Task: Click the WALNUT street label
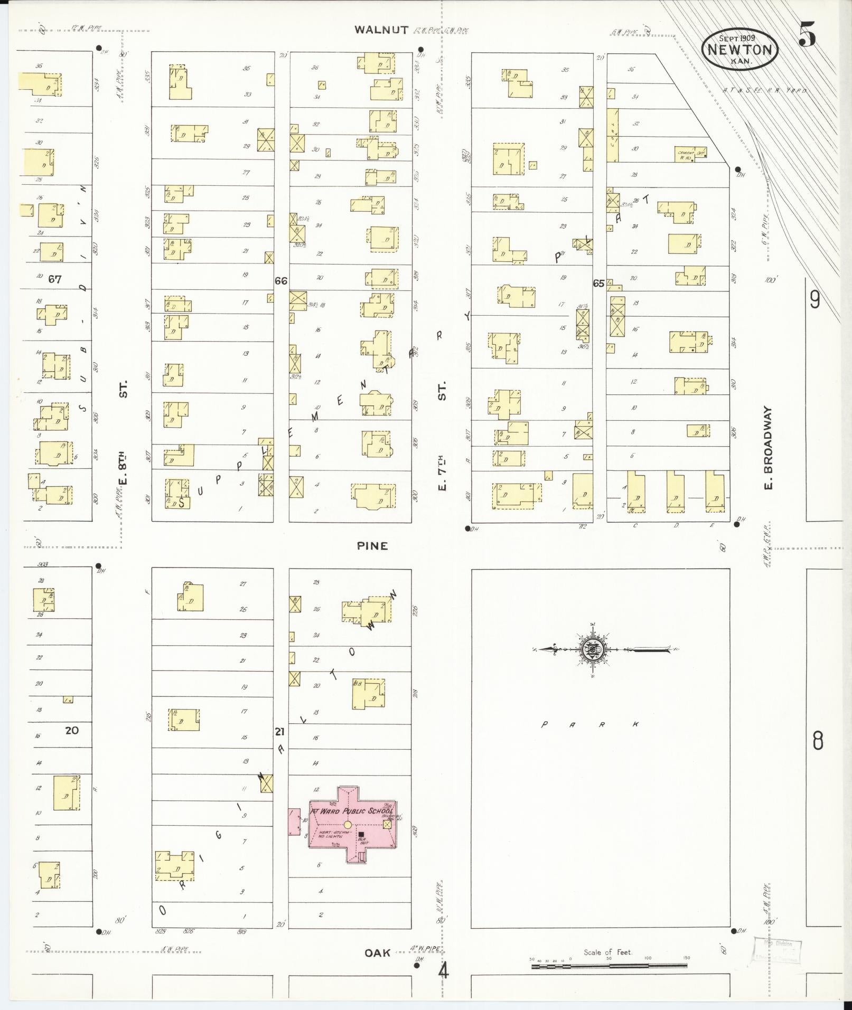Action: pyautogui.click(x=381, y=30)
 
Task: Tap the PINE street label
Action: pyautogui.click(x=372, y=546)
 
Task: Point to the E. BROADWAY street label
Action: pyautogui.click(x=768, y=447)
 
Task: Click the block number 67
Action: pyautogui.click(x=55, y=279)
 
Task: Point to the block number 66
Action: pyautogui.click(x=281, y=281)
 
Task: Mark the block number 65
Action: pyautogui.click(x=598, y=284)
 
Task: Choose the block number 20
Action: pyautogui.click(x=72, y=731)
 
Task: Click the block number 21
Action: pyautogui.click(x=280, y=732)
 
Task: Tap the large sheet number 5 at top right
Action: pyautogui.click(x=808, y=35)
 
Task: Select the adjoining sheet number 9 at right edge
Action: pyautogui.click(x=815, y=300)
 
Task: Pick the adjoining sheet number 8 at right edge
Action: pyautogui.click(x=817, y=742)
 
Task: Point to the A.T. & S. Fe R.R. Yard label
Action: pyautogui.click(x=765, y=91)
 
